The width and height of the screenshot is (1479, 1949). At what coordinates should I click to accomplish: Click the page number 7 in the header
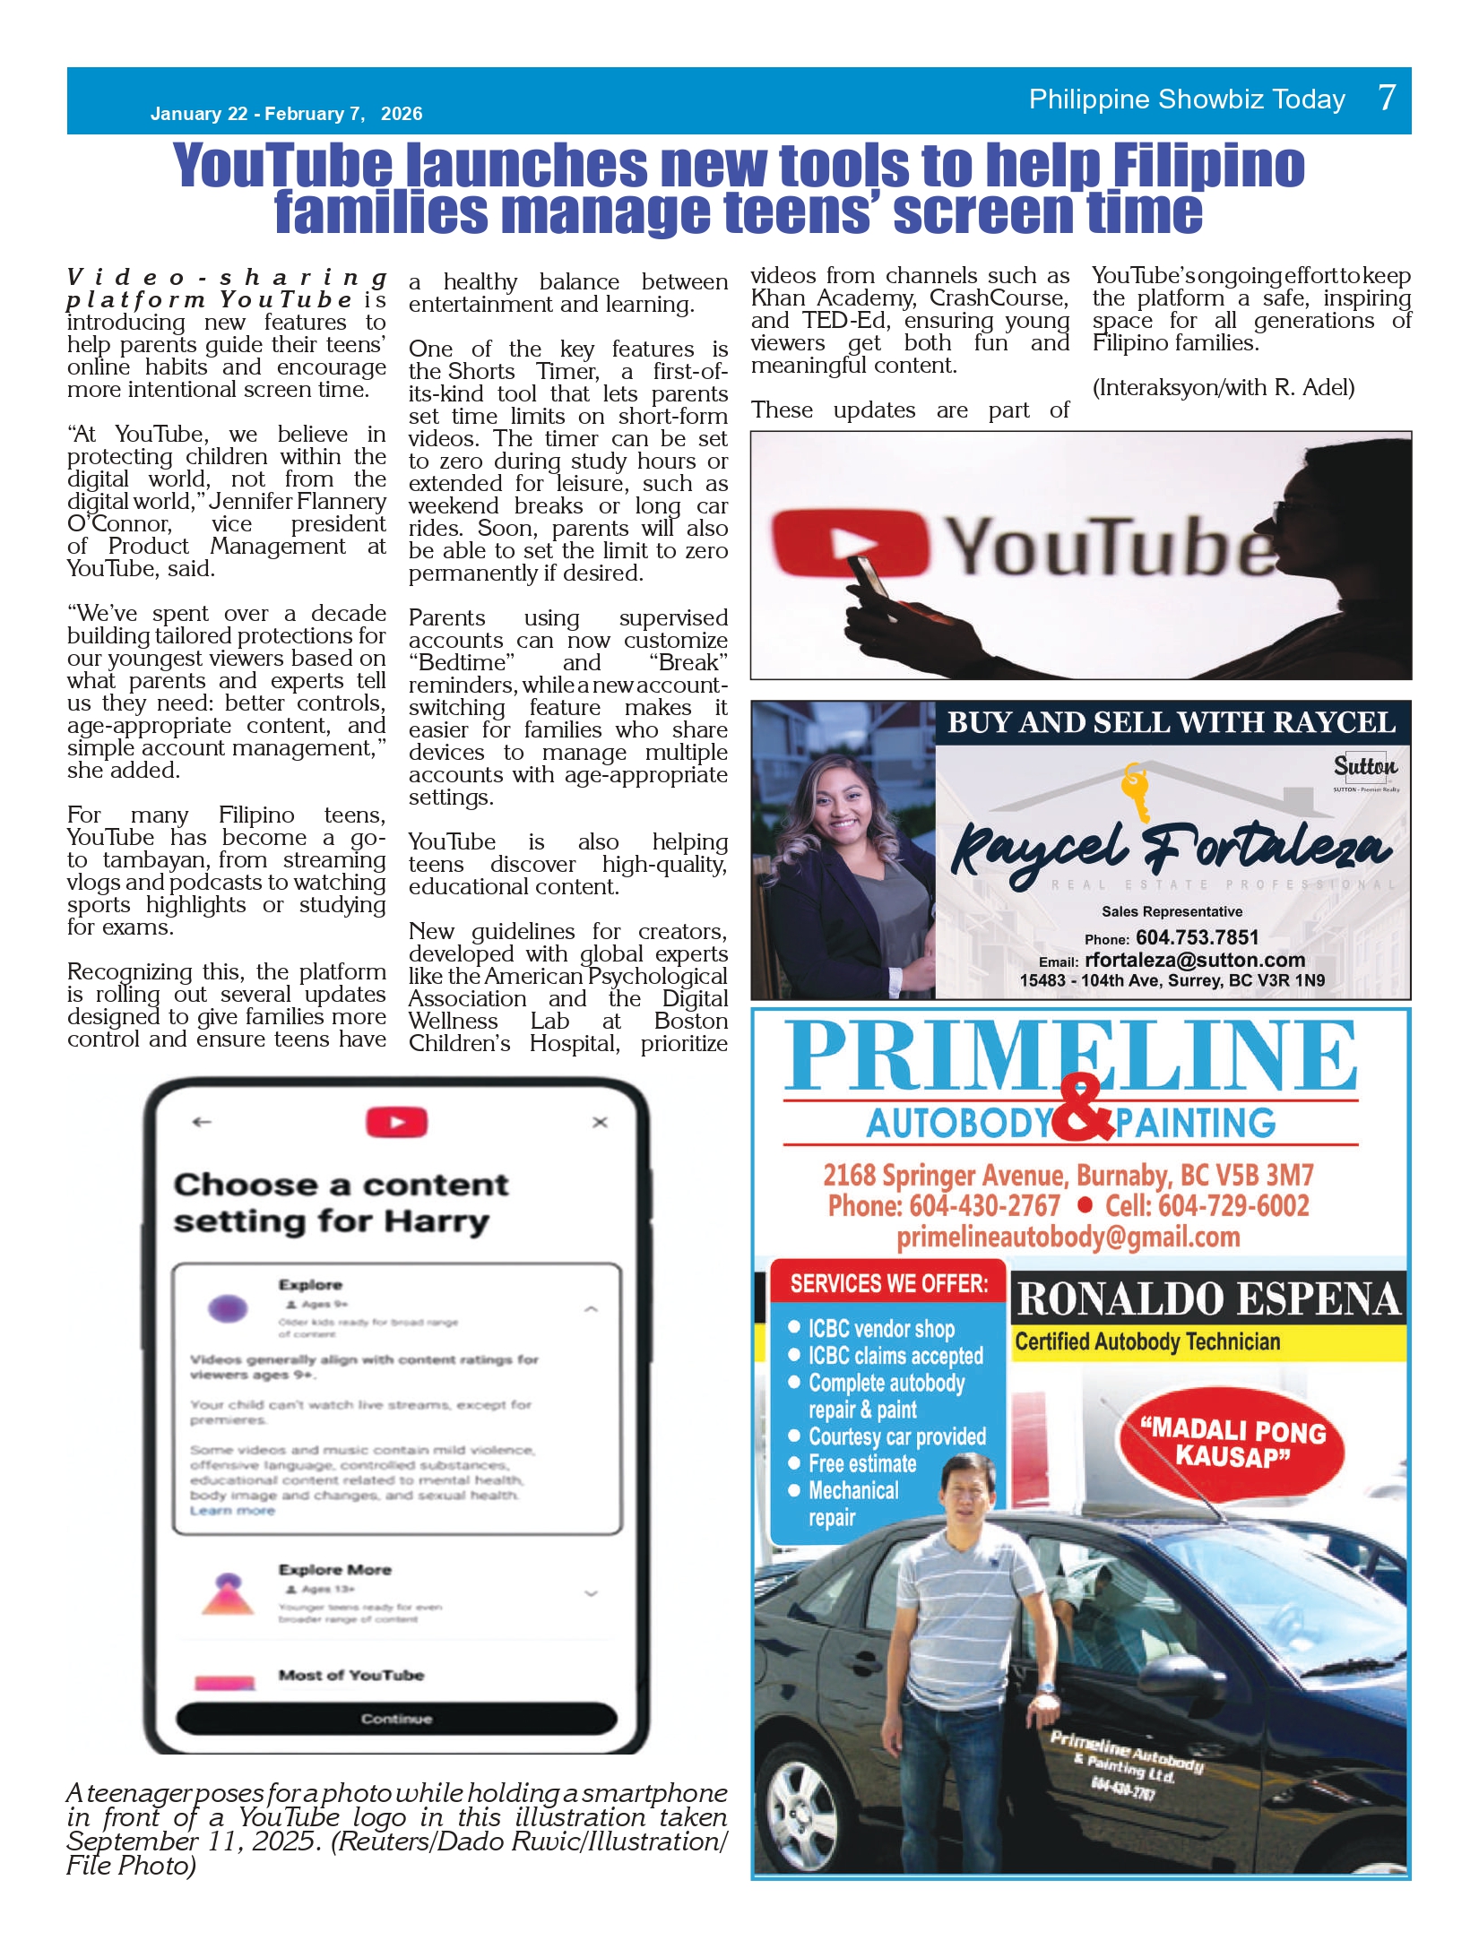pos(1386,98)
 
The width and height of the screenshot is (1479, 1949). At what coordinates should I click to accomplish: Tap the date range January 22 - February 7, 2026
pos(286,114)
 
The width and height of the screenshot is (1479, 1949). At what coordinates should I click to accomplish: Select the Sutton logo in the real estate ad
pos(1364,767)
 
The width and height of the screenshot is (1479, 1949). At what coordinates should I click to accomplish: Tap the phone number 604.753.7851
pos(1197,937)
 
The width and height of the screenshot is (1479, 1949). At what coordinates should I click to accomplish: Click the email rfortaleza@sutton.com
pos(1194,960)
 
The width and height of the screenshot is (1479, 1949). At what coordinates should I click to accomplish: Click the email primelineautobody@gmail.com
pos(1068,1238)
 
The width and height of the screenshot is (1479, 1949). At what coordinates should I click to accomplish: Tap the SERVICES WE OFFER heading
pos(888,1284)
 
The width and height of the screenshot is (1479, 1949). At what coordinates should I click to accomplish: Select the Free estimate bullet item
pos(861,1463)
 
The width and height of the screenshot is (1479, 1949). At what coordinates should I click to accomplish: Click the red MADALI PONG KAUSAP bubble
pos(1232,1442)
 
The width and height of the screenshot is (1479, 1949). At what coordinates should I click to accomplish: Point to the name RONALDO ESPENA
pos(1208,1299)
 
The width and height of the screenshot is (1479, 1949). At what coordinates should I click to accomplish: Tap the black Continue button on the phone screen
pos(396,1718)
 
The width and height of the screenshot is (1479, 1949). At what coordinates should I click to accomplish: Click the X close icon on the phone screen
pos(601,1122)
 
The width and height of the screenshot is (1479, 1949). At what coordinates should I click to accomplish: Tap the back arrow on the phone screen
pos(202,1122)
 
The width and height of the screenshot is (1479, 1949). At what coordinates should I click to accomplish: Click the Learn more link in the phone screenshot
pos(232,1511)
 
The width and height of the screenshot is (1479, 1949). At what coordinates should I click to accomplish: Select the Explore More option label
pos(334,1569)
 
